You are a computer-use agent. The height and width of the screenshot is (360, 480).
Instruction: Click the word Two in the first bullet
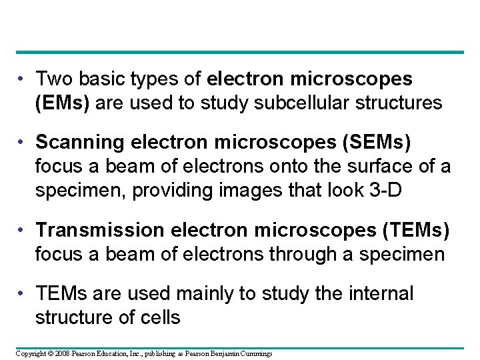coord(53,79)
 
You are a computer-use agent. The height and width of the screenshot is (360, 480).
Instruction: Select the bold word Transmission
coord(99,230)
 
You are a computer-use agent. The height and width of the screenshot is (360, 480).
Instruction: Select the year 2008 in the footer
coord(63,353)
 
